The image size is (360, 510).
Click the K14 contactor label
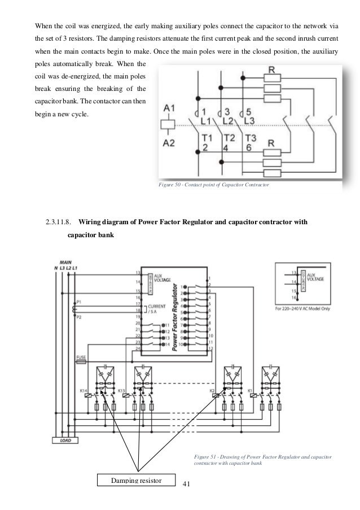(x=83, y=391)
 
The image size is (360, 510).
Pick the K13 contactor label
(x=121, y=391)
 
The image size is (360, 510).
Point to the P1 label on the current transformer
(x=79, y=302)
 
